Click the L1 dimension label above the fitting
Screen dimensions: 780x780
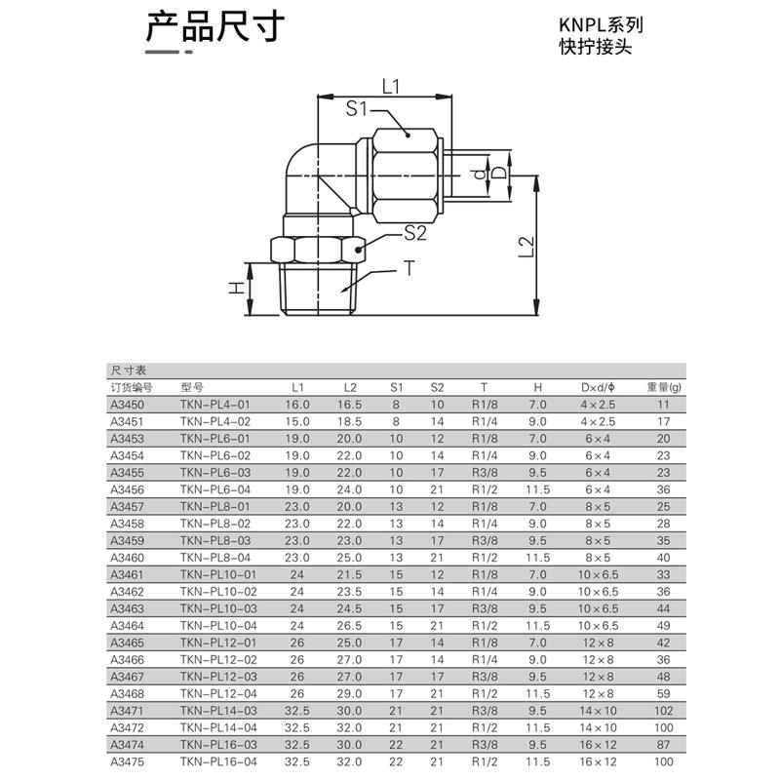coord(391,87)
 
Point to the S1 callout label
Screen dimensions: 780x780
coord(356,108)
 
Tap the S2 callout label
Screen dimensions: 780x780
coord(415,232)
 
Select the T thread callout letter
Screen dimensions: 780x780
coord(409,268)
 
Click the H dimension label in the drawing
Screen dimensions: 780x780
coord(236,288)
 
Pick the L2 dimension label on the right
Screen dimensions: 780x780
coord(526,247)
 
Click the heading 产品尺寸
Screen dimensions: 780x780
coord(215,26)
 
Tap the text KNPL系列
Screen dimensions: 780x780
coord(601,25)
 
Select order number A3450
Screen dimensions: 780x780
coord(128,405)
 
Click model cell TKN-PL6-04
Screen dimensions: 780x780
coord(215,489)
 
